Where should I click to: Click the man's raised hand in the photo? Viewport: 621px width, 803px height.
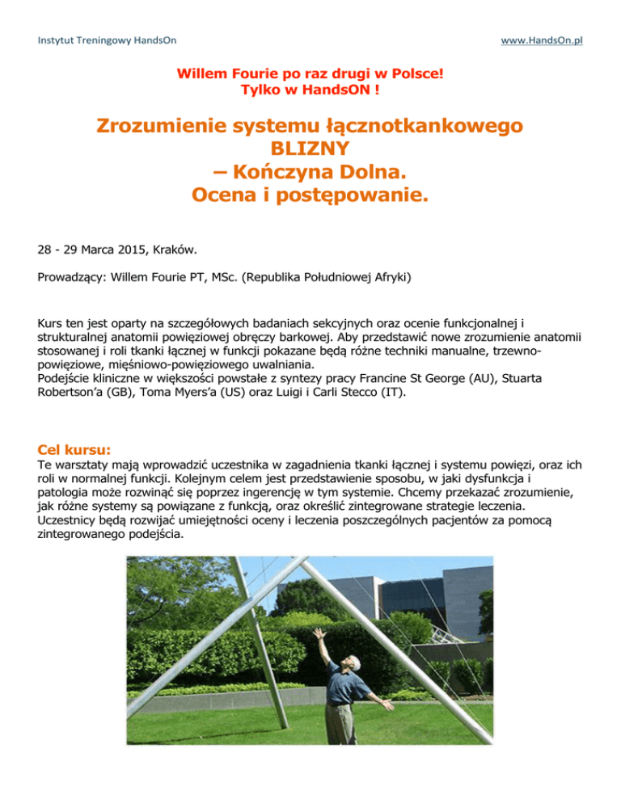(319, 634)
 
